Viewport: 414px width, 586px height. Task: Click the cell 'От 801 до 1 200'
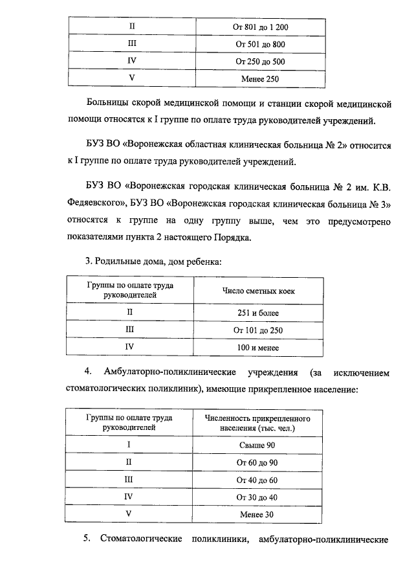click(259, 27)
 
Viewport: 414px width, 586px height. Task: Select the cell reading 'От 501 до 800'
click(259, 45)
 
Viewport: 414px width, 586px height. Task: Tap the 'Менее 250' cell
click(259, 79)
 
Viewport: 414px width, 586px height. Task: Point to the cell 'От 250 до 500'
click(259, 62)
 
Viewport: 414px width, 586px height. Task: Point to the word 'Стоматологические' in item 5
click(139, 539)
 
